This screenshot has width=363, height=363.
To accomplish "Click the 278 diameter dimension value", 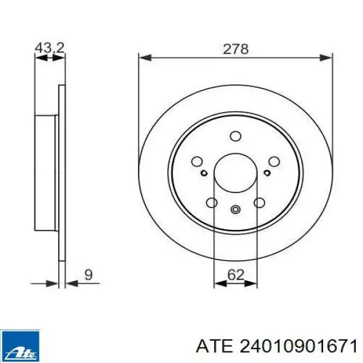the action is pyautogui.click(x=235, y=49).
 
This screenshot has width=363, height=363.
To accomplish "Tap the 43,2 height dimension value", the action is pyautogui.click(x=50, y=48).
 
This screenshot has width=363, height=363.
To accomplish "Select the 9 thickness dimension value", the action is pyautogui.click(x=88, y=275).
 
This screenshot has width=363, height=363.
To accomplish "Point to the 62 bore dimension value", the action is pyautogui.click(x=236, y=275).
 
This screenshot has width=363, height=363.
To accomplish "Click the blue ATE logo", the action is pyautogui.click(x=20, y=346).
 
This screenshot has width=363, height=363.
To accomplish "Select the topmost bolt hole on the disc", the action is pyautogui.click(x=236, y=136).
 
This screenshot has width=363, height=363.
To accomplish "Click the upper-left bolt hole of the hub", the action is pyautogui.click(x=197, y=161).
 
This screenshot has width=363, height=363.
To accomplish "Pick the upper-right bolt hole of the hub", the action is pyautogui.click(x=274, y=162).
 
